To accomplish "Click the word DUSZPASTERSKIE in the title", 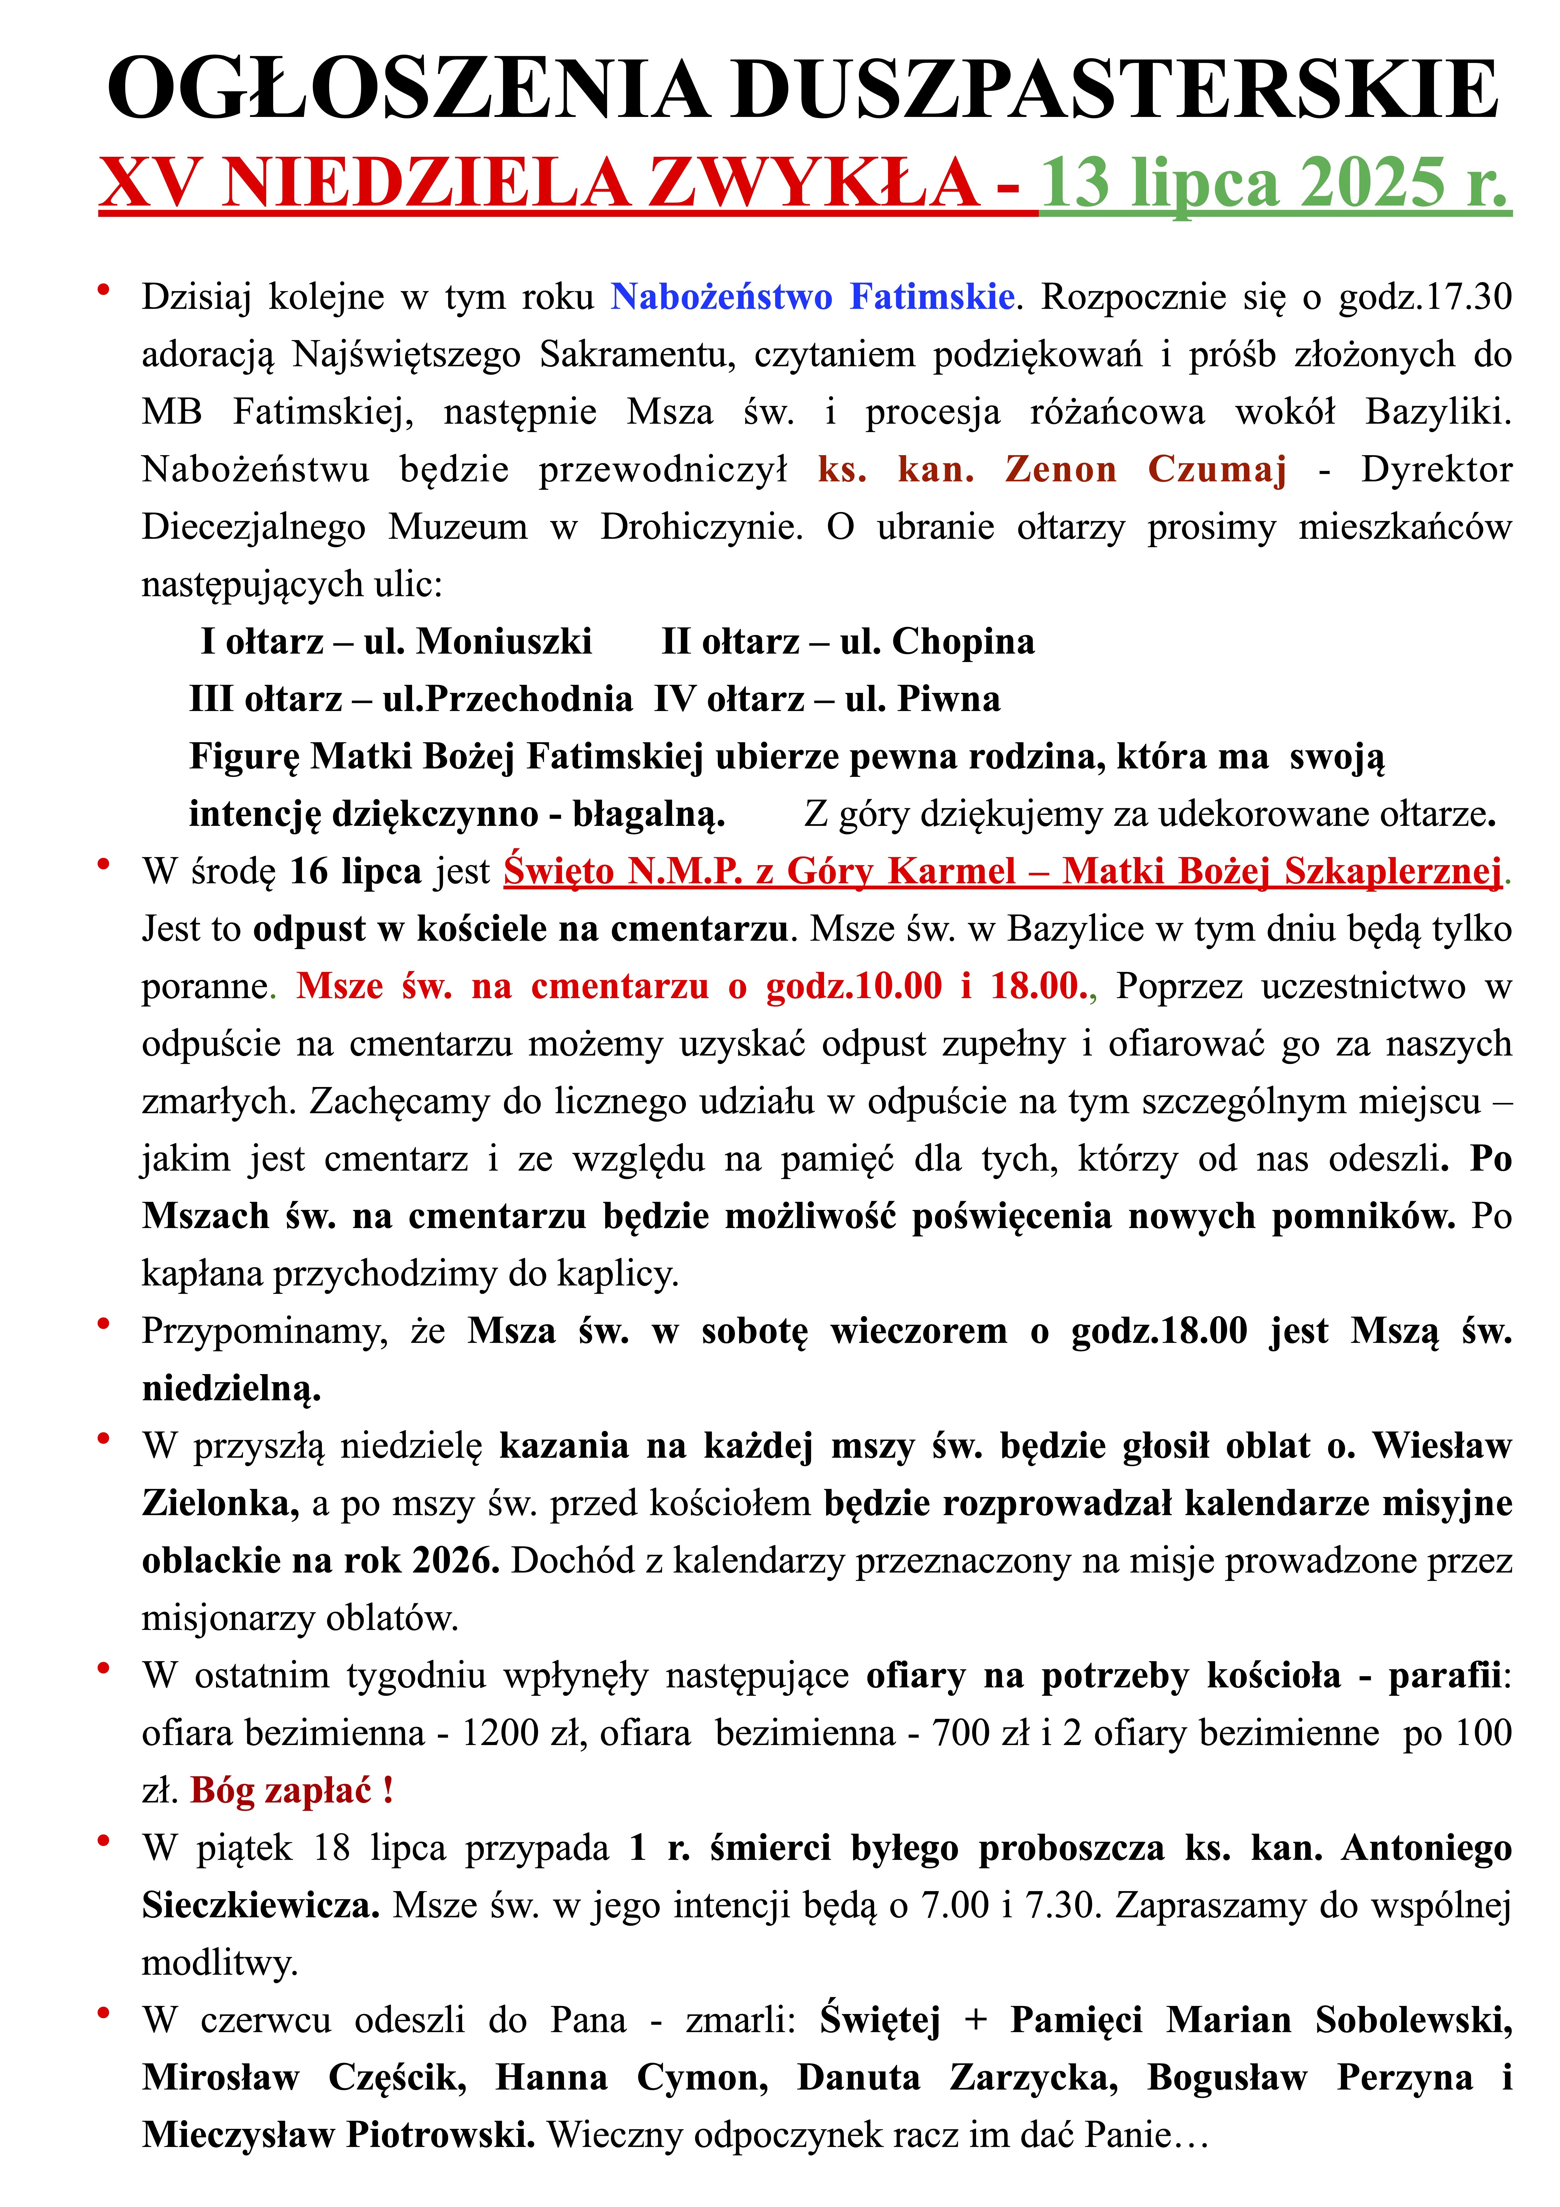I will point(1115,89).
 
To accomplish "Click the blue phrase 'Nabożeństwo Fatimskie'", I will point(812,297).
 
